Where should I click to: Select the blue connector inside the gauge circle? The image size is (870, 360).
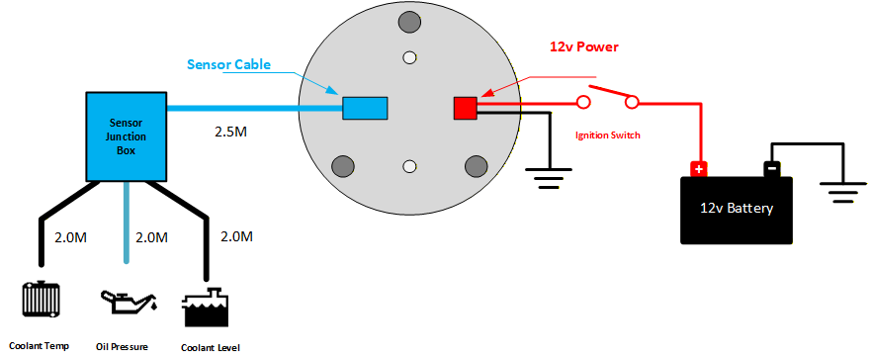coord(364,107)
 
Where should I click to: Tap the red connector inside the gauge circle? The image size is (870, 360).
coord(466,107)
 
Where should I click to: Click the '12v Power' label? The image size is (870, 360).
coord(584,46)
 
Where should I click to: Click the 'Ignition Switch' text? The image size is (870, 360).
coord(608,135)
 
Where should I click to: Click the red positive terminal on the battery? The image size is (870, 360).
coord(699,168)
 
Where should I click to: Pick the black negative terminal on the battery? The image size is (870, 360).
coord(771,168)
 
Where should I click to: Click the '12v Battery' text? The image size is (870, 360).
coord(737,209)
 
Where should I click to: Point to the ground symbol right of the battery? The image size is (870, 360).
coord(843,192)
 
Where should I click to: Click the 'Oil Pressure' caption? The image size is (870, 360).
coord(124,347)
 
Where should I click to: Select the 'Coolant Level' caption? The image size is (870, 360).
coord(211,347)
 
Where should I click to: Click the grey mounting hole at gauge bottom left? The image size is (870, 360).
coord(342,164)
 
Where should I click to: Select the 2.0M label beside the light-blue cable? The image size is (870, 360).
coord(150,237)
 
